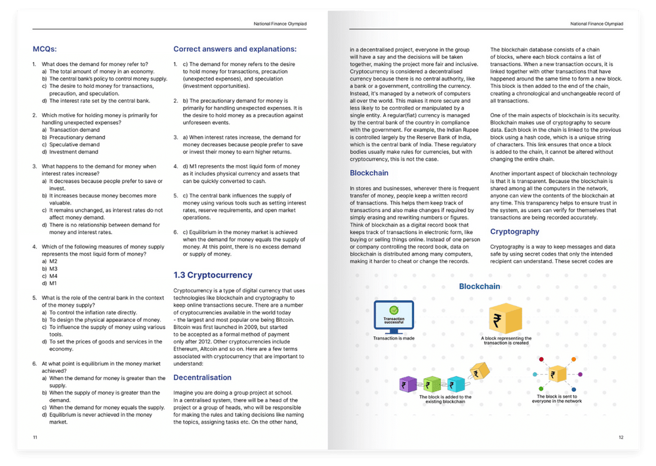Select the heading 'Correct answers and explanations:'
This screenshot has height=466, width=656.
tap(235, 49)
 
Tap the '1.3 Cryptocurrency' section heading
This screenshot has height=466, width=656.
tap(213, 275)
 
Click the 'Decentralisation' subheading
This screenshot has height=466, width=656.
tap(202, 378)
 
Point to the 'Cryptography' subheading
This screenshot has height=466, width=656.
tap(515, 231)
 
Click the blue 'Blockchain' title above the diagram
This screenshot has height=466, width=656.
tap(479, 286)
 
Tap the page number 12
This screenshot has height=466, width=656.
tap(621, 437)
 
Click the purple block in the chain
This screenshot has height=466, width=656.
tap(408, 384)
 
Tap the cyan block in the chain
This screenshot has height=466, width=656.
tap(456, 384)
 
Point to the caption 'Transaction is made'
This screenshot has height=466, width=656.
tap(394, 338)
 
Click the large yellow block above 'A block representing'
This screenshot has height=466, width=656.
tap(506, 317)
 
